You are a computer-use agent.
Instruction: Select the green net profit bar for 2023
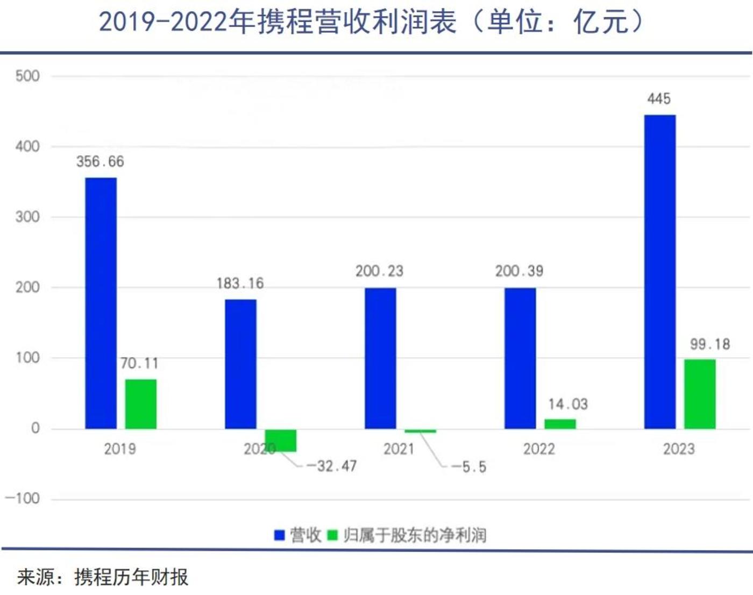click(x=699, y=394)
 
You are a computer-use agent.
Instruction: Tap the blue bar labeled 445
click(x=659, y=272)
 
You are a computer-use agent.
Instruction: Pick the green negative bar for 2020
click(x=281, y=440)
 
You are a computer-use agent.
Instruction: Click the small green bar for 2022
click(x=560, y=424)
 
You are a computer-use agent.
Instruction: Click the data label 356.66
click(x=100, y=161)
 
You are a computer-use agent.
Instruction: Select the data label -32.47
click(x=332, y=466)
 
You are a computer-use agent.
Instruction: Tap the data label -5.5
click(x=468, y=467)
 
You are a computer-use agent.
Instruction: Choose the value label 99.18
click(x=710, y=344)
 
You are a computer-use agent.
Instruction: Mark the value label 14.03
click(x=568, y=404)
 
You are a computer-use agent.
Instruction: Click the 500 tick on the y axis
click(x=27, y=76)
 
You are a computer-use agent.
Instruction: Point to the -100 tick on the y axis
click(x=23, y=498)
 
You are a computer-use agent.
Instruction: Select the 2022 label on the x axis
click(x=539, y=449)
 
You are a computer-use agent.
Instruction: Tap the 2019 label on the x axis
click(x=120, y=449)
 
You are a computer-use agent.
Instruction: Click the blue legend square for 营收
click(x=279, y=535)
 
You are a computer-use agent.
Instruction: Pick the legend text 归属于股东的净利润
click(x=415, y=535)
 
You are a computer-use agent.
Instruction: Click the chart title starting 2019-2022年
click(x=371, y=23)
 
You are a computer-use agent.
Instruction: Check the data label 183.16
click(x=240, y=284)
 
